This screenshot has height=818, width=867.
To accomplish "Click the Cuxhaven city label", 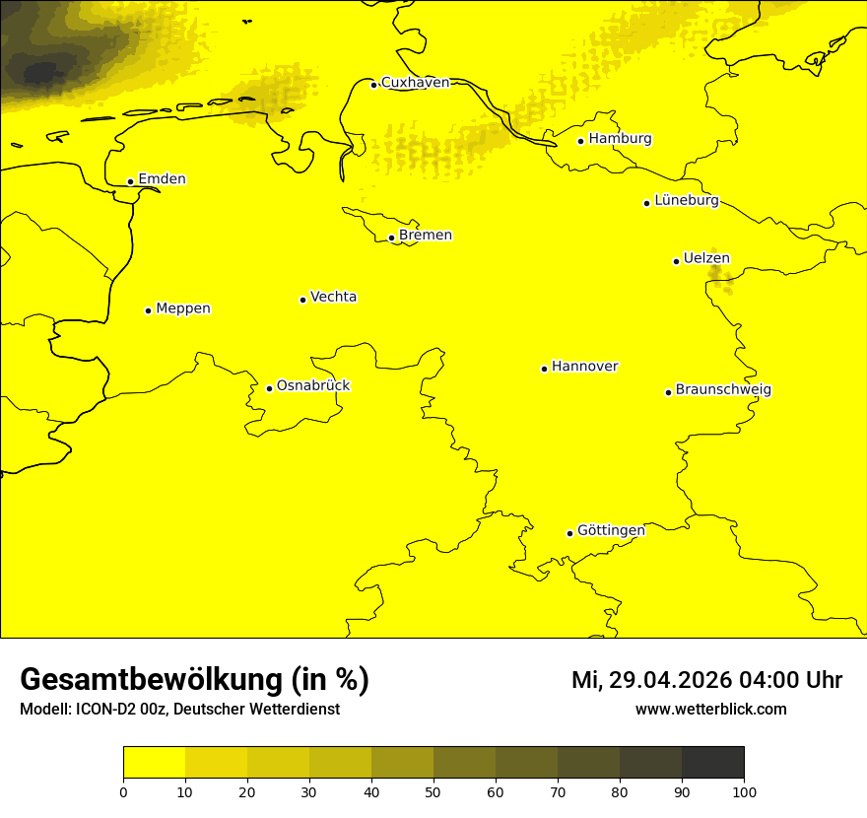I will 415,83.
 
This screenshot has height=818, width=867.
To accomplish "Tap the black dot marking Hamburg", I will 581,141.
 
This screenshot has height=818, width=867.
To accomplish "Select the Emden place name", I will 162,179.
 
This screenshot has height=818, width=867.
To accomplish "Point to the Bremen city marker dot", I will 391,238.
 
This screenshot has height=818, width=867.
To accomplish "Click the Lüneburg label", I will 687,201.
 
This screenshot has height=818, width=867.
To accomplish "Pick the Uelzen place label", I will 706,259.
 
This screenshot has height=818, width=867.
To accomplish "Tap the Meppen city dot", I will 148,310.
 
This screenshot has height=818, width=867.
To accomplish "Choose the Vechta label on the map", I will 333,297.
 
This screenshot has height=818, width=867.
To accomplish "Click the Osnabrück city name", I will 313,386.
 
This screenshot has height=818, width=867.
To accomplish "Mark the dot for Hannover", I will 544,369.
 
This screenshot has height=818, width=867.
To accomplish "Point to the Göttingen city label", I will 611,531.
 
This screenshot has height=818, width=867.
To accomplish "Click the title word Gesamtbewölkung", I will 153,680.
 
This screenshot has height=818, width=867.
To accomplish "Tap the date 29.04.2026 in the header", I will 667,680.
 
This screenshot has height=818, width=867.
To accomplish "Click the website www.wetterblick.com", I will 711,710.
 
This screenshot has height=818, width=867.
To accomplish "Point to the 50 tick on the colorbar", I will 433,791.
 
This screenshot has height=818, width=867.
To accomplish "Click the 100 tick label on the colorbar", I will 744,791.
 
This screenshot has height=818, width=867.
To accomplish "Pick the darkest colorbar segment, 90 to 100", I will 712,762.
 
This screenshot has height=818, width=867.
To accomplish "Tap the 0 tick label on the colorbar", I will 123,791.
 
